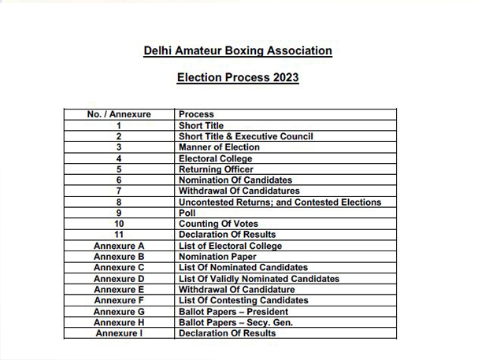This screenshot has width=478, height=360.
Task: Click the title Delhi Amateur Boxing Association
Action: click(238, 51)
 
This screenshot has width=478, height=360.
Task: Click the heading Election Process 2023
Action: click(238, 79)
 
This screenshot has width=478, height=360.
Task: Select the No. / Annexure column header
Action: click(119, 114)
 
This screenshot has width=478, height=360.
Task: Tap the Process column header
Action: click(196, 114)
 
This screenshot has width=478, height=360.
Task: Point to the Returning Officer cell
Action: click(216, 169)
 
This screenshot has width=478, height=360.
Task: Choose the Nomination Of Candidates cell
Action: click(235, 180)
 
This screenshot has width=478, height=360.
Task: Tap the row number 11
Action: click(119, 235)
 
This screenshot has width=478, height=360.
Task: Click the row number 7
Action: click(119, 191)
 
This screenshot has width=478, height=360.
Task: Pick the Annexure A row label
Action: click(119, 246)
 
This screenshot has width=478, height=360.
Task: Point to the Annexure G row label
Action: click(119, 311)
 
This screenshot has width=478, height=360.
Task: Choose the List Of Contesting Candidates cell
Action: click(243, 300)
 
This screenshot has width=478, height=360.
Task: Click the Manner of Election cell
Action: click(219, 147)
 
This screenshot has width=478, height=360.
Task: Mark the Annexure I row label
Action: click(119, 333)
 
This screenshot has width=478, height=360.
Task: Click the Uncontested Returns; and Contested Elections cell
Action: click(280, 202)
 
